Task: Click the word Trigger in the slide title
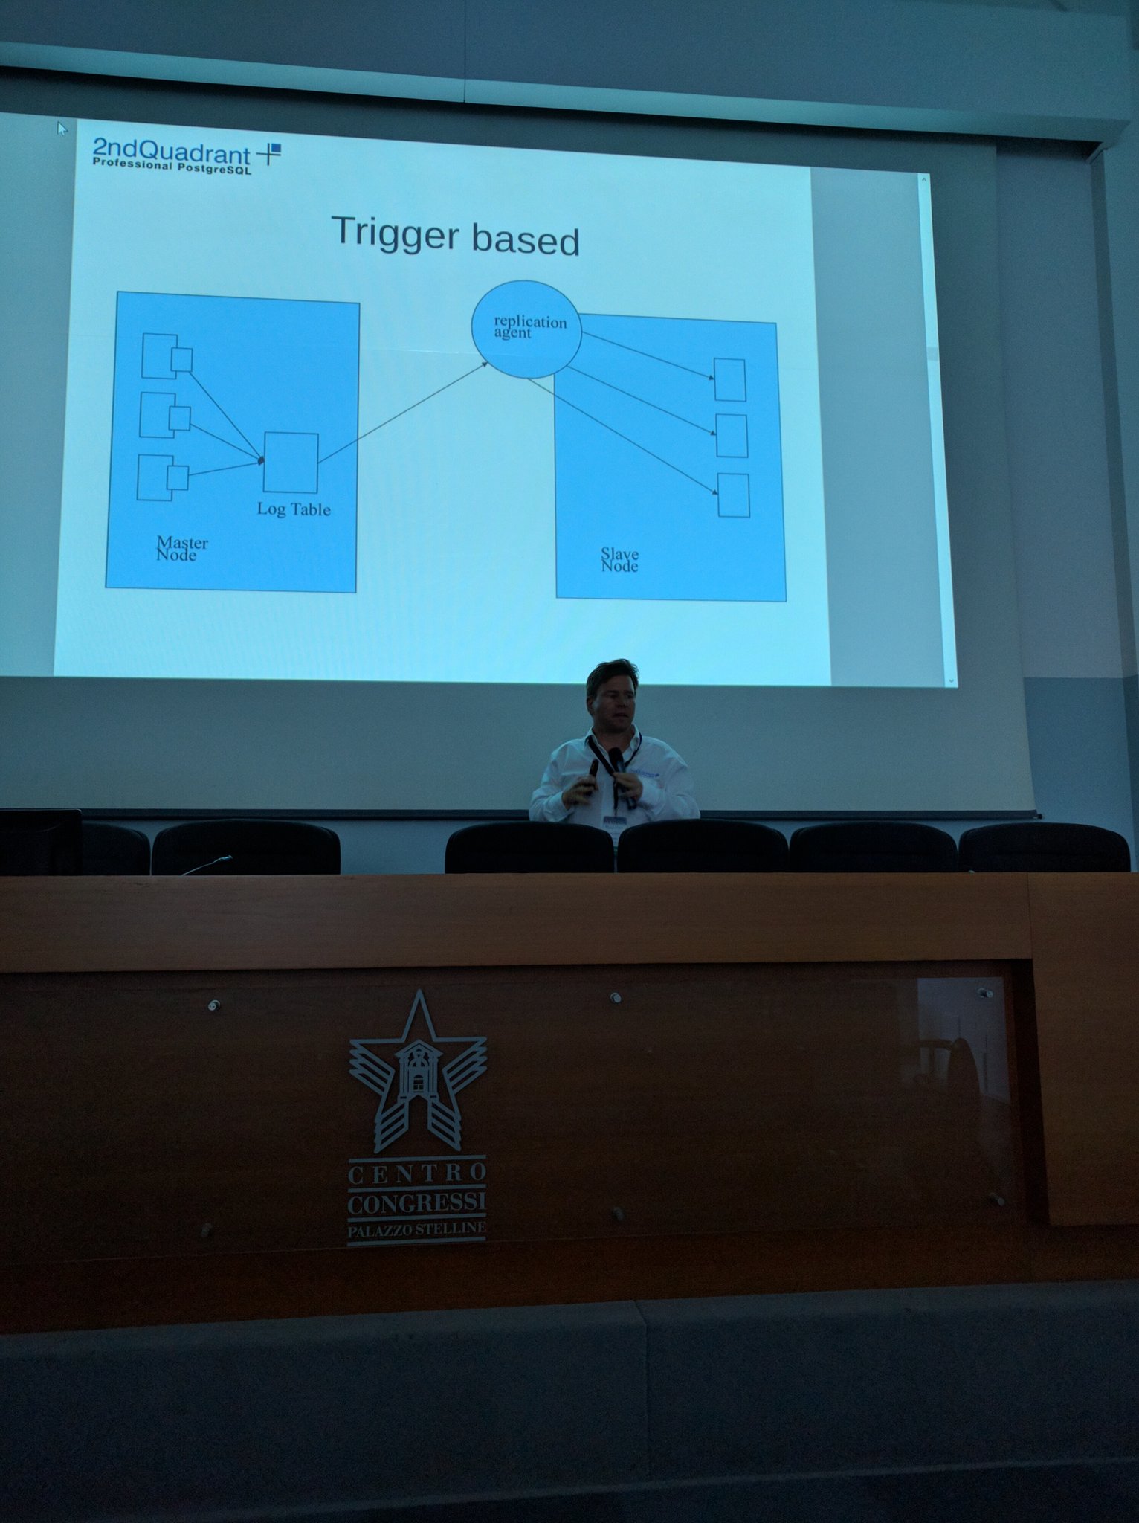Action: pyautogui.click(x=395, y=234)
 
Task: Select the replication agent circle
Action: pyautogui.click(x=526, y=328)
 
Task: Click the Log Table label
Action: pyautogui.click(x=294, y=509)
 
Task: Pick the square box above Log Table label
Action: pyautogui.click(x=291, y=462)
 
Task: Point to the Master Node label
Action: pyautogui.click(x=181, y=549)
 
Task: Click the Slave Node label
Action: pyautogui.click(x=619, y=560)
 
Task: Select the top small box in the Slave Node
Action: pyautogui.click(x=729, y=380)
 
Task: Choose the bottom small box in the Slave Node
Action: pyautogui.click(x=733, y=495)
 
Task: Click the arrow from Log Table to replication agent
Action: pyautogui.click(x=403, y=412)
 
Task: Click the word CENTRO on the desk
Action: pyautogui.click(x=417, y=1174)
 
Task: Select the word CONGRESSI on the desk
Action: pyautogui.click(x=416, y=1202)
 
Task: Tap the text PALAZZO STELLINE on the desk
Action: pyautogui.click(x=416, y=1229)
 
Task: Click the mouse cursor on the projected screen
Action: pyautogui.click(x=62, y=128)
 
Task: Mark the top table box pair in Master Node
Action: pyautogui.click(x=167, y=356)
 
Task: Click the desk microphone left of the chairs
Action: pyautogui.click(x=207, y=865)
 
